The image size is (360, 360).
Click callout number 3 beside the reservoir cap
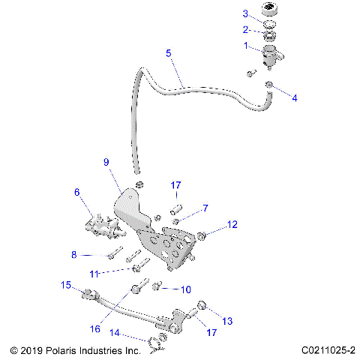(245, 13)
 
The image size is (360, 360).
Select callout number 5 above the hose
(169, 52)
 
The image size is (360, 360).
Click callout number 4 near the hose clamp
(294, 98)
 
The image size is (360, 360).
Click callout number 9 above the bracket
(106, 162)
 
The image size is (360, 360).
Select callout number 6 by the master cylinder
(76, 192)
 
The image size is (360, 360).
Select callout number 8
(74, 255)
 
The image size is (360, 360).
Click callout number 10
(187, 289)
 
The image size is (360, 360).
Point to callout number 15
(66, 285)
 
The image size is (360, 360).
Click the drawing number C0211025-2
(329, 350)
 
